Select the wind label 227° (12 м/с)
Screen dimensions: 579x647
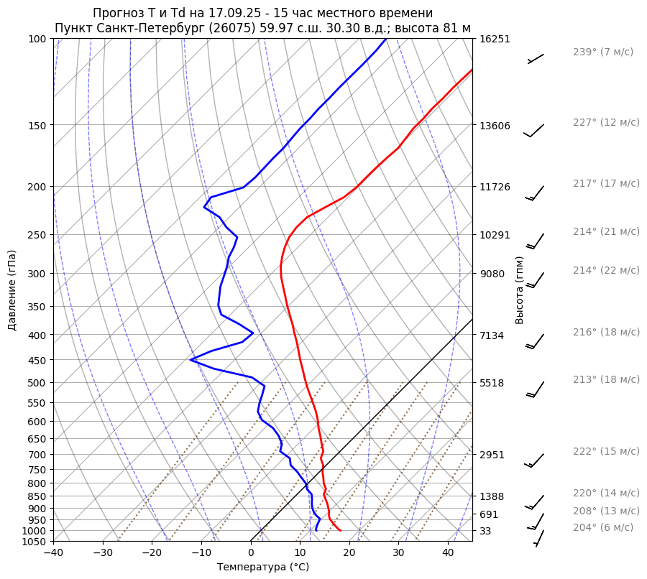click(606, 123)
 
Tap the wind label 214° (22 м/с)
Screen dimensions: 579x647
click(606, 271)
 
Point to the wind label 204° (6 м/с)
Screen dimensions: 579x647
click(603, 528)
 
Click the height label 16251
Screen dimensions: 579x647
click(495, 39)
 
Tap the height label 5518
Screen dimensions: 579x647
click(492, 383)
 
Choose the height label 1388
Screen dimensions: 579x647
click(492, 496)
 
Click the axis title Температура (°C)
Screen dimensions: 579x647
click(263, 568)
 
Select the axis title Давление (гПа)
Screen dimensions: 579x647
click(12, 290)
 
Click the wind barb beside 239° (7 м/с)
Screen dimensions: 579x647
click(536, 58)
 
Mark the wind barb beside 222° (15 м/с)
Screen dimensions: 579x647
click(536, 460)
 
